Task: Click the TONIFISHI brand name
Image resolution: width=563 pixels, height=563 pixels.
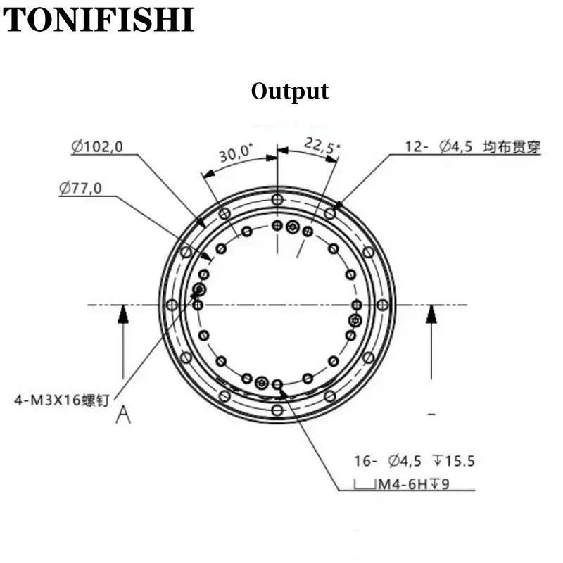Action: point(98,20)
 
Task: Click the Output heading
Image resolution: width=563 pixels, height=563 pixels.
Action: point(290,91)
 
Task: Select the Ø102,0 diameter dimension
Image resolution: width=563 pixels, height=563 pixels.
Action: point(97,147)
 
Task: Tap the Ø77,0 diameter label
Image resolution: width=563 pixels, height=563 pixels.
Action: point(80,188)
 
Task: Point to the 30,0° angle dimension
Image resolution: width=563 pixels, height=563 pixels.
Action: point(236,153)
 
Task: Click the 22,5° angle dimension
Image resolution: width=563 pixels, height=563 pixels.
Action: point(322,146)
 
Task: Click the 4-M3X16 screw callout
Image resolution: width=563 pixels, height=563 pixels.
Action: point(61,400)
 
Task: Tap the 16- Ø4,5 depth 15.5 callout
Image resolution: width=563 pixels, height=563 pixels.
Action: point(415,461)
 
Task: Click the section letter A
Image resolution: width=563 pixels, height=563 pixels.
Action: point(123,415)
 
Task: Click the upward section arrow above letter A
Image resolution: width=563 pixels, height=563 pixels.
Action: point(123,342)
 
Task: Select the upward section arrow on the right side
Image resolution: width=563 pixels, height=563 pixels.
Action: point(431,342)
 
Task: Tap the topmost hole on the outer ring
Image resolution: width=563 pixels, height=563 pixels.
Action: point(277,199)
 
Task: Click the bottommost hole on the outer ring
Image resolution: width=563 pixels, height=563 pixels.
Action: point(277,410)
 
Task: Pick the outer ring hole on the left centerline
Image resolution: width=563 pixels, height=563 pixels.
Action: point(172,305)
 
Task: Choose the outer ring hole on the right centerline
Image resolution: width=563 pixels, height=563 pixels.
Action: point(383,305)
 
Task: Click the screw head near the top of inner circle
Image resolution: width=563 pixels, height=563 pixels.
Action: point(293,227)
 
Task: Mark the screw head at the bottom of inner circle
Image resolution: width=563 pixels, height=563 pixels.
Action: point(262,383)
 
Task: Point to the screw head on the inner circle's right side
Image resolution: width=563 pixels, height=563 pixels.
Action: point(355,320)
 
